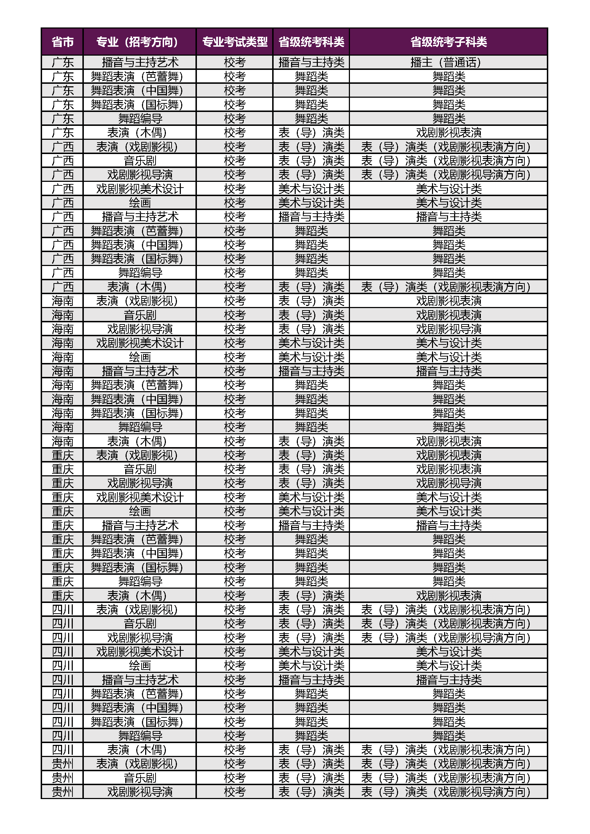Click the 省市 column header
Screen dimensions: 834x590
click(x=62, y=42)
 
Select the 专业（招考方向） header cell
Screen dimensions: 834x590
click(x=140, y=42)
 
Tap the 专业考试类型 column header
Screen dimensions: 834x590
click(x=235, y=42)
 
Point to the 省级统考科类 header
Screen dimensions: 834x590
click(x=311, y=42)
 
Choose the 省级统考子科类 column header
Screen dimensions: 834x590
click(x=449, y=42)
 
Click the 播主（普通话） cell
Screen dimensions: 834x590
click(x=449, y=62)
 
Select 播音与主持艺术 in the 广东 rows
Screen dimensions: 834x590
click(x=140, y=62)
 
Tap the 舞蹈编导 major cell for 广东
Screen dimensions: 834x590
click(x=140, y=119)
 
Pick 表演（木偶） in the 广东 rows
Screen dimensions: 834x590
click(x=140, y=133)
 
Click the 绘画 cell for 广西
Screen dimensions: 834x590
click(x=140, y=203)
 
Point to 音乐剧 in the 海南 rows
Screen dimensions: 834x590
click(x=140, y=315)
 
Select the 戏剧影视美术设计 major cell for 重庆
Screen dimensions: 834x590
click(x=140, y=497)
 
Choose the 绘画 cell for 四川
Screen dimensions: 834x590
click(x=140, y=665)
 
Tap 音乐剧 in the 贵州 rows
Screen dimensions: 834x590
click(x=140, y=778)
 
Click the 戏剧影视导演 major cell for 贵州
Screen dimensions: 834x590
click(x=140, y=792)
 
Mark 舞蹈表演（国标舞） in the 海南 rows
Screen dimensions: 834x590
click(x=140, y=413)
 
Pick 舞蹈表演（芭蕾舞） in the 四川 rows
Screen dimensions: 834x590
click(x=140, y=694)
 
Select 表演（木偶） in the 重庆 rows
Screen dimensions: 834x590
click(x=140, y=596)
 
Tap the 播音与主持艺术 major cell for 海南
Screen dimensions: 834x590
click(x=140, y=371)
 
